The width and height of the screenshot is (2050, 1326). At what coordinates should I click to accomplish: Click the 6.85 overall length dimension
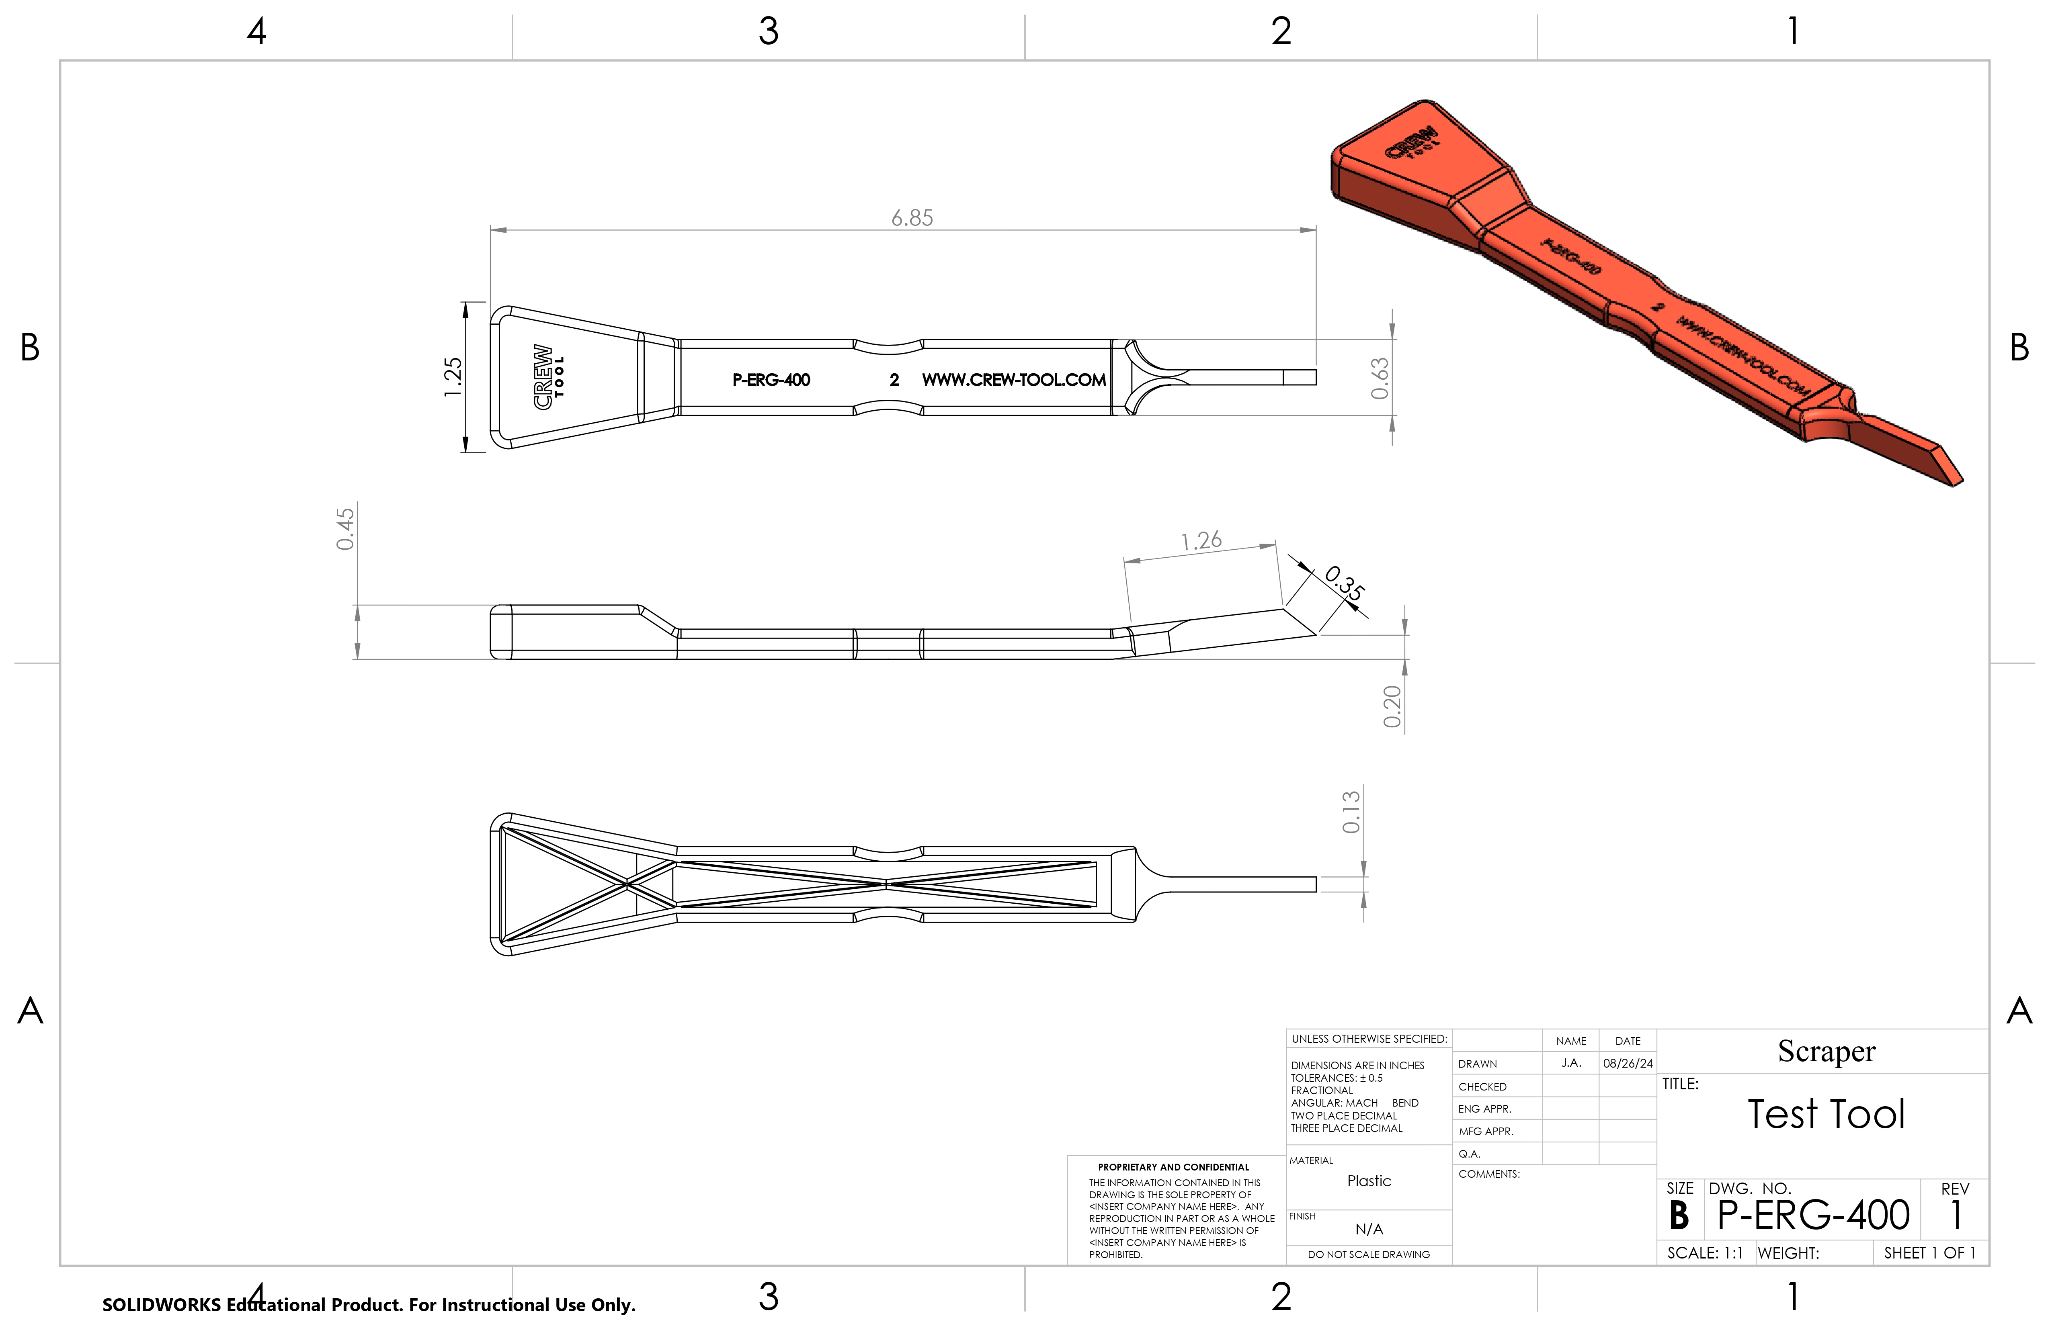(x=911, y=218)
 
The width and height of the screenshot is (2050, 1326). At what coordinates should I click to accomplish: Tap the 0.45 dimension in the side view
(x=345, y=529)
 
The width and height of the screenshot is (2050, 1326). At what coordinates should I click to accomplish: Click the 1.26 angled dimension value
(x=1201, y=541)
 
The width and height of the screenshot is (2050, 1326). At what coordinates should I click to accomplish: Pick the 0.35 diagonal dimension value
(x=1344, y=584)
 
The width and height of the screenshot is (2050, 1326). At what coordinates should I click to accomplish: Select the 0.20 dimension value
(x=1392, y=706)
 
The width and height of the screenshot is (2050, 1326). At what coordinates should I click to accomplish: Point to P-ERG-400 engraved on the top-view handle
(x=771, y=380)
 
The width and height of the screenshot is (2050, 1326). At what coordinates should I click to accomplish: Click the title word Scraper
(x=1826, y=1051)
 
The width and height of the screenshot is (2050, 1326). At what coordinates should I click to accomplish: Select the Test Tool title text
(x=1826, y=1114)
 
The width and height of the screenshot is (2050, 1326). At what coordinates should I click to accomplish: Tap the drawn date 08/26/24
(x=1627, y=1063)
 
